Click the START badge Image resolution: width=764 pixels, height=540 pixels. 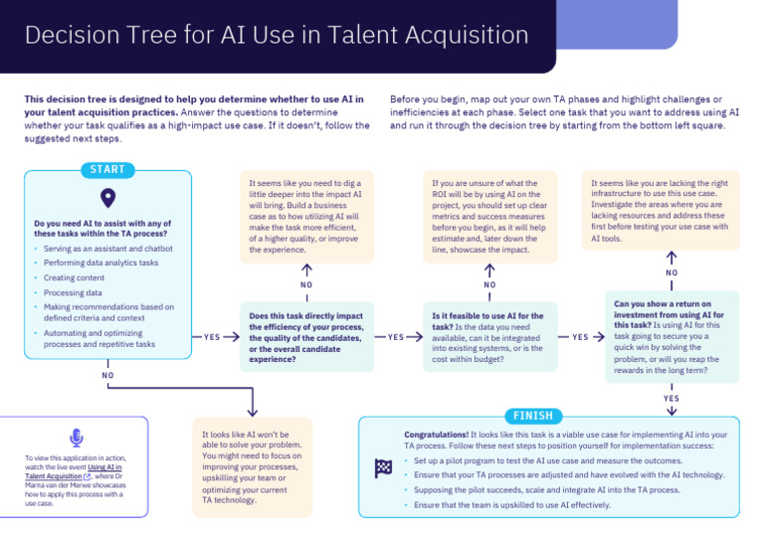click(x=107, y=170)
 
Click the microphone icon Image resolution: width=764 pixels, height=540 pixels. click(x=76, y=438)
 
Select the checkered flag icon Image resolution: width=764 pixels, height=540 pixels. click(x=382, y=467)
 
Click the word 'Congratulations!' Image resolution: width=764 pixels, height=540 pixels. click(x=436, y=436)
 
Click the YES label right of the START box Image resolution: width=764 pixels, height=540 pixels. click(x=212, y=337)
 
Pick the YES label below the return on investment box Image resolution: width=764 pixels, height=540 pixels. click(x=671, y=398)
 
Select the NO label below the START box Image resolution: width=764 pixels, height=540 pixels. click(x=107, y=375)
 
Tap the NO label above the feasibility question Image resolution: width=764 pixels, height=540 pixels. click(x=489, y=284)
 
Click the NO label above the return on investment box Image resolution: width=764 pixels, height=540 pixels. click(x=671, y=272)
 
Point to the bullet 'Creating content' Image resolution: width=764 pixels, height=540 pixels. click(x=74, y=277)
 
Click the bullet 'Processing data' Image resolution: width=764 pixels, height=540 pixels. click(x=73, y=292)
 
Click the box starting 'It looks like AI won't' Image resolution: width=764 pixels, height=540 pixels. click(x=252, y=466)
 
